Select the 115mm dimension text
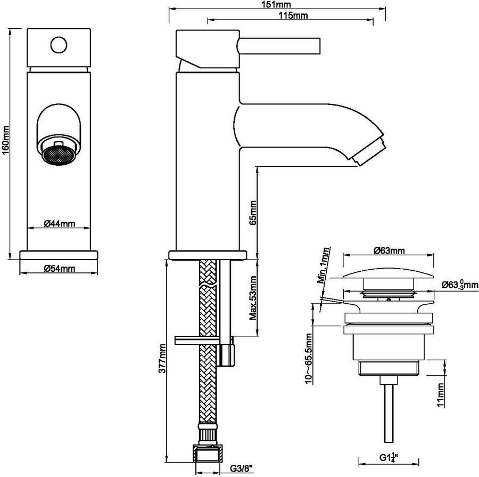[293, 15]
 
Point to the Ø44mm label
[59, 224]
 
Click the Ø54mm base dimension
[59, 268]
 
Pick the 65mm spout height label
[253, 213]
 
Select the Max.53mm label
[253, 298]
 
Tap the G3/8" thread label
[241, 468]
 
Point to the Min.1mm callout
[324, 265]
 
